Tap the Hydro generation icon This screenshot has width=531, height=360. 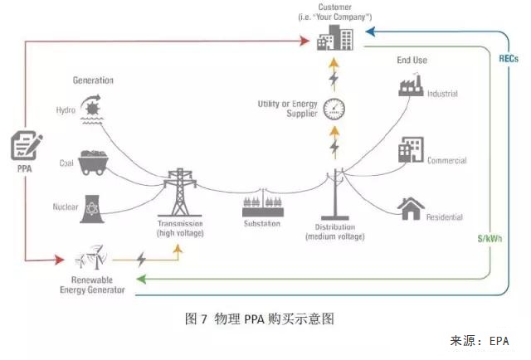(x=90, y=108)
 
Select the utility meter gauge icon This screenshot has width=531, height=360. (x=335, y=107)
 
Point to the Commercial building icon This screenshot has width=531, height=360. (x=411, y=148)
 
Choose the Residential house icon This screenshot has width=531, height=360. (x=412, y=208)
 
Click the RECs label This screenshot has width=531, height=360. (x=509, y=59)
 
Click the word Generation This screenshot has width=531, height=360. (x=93, y=80)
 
